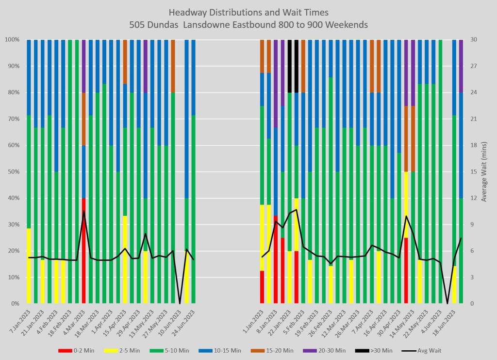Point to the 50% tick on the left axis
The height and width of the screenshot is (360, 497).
[12, 171]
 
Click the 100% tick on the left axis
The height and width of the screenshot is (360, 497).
[11, 39]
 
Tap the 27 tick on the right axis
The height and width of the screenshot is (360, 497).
[473, 66]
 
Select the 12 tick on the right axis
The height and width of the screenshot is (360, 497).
[473, 198]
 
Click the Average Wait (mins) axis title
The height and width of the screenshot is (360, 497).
[484, 171]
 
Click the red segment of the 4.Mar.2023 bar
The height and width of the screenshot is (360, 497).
[83, 251]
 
